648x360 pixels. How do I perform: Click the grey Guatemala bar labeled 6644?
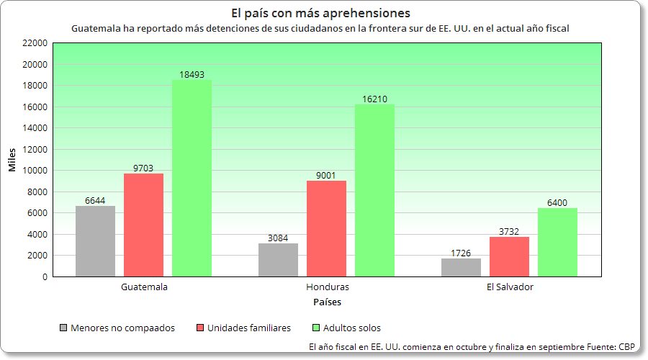pyautogui.click(x=95, y=241)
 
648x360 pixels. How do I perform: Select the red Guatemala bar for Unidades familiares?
pyautogui.click(x=143, y=225)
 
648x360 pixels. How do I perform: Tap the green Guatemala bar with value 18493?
pyautogui.click(x=192, y=178)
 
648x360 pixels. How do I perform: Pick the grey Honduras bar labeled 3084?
pyautogui.click(x=278, y=260)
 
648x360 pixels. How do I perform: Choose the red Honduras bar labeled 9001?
pyautogui.click(x=326, y=228)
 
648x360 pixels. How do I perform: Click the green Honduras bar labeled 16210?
pyautogui.click(x=374, y=190)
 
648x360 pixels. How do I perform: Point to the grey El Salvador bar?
pyautogui.click(x=461, y=267)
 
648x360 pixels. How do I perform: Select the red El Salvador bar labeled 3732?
pyautogui.click(x=509, y=256)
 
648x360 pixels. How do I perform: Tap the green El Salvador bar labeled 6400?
pyautogui.click(x=557, y=242)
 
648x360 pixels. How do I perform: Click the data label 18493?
pyautogui.click(x=192, y=74)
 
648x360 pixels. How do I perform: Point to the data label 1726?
pyautogui.click(x=461, y=253)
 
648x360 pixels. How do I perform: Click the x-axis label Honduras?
pyautogui.click(x=327, y=287)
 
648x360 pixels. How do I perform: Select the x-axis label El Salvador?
pyautogui.click(x=510, y=287)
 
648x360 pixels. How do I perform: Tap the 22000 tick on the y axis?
pyautogui.click(x=35, y=43)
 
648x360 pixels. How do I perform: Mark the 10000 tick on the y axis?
pyautogui.click(x=35, y=171)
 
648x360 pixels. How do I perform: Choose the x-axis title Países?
pyautogui.click(x=327, y=302)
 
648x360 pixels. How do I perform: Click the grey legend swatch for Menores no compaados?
pyautogui.click(x=64, y=328)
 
